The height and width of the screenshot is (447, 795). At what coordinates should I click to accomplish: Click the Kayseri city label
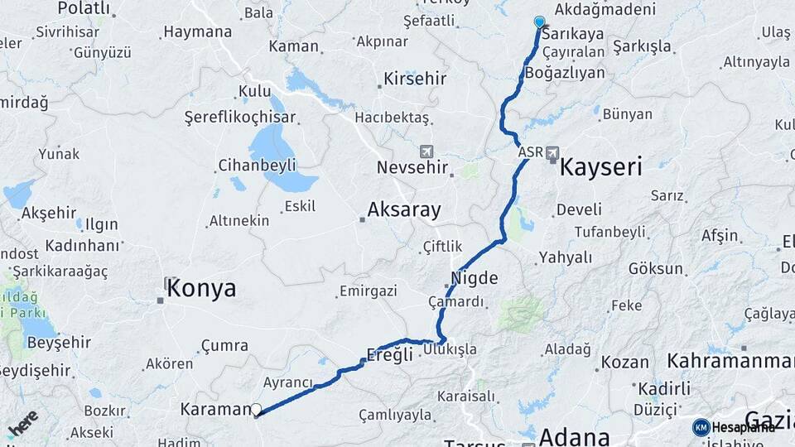601,167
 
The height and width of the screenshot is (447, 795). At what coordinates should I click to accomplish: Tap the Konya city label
201,289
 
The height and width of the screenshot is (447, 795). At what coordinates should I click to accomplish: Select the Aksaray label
404,210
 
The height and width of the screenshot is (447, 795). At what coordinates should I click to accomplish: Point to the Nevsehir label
412,167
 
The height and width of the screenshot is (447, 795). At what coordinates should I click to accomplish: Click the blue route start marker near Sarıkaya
540,22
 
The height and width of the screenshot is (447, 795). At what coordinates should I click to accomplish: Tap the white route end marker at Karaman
257,409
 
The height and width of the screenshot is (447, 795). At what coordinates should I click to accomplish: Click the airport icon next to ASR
552,153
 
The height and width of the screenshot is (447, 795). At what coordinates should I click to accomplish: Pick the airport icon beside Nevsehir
426,152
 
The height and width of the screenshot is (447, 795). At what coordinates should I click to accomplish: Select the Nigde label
475,278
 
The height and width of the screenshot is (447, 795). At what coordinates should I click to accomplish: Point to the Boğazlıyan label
565,73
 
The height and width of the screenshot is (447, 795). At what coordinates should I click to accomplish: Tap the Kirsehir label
415,79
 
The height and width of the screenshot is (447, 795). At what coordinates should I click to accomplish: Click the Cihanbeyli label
257,166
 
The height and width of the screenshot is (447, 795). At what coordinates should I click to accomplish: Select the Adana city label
575,436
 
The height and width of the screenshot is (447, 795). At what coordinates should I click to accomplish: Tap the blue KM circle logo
701,427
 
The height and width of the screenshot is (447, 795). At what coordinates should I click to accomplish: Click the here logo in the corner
22,424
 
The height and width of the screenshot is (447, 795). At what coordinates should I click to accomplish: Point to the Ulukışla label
450,349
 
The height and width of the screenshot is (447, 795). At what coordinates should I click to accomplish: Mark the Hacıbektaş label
393,118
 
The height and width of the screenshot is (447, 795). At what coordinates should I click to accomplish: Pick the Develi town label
579,210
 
